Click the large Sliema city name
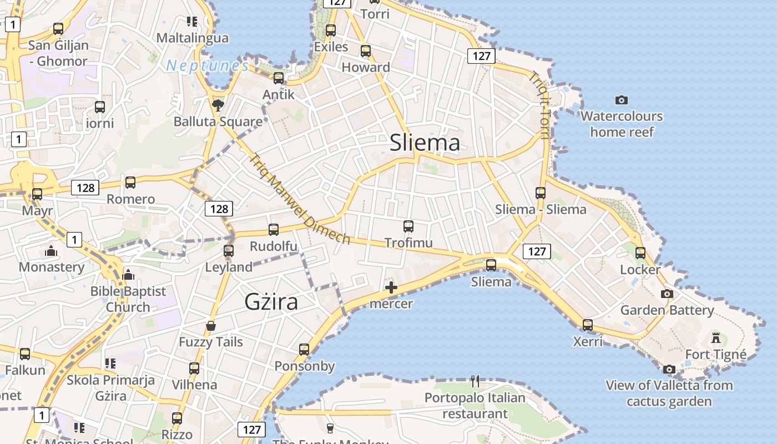click(425, 143)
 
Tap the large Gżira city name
click(271, 301)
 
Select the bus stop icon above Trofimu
click(408, 226)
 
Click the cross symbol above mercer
click(391, 287)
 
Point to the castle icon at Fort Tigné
click(716, 337)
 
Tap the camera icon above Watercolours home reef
click(622, 100)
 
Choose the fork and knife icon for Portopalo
click(475, 381)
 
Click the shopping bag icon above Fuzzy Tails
click(211, 326)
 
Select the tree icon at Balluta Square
click(218, 104)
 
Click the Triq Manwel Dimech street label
click(300, 199)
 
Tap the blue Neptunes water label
click(208, 65)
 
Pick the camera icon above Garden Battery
click(667, 294)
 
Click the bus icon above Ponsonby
click(304, 350)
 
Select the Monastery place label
click(52, 267)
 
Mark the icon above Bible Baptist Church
click(128, 275)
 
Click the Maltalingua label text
click(192, 38)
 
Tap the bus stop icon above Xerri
click(588, 325)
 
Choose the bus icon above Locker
click(640, 253)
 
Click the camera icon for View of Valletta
click(669, 369)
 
